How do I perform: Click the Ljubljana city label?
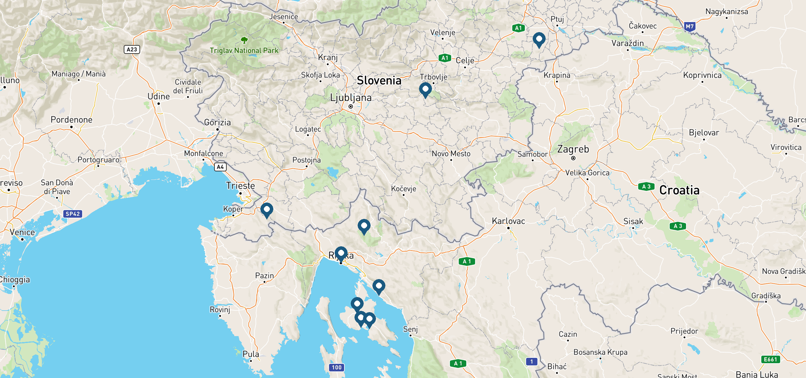coord(351,98)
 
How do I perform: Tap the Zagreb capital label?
coord(573,149)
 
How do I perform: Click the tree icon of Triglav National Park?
coord(244,40)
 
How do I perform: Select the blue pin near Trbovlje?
coord(425,89)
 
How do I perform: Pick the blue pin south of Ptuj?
coord(539,39)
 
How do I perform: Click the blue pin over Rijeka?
coord(341,254)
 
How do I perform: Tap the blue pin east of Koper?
coord(267,210)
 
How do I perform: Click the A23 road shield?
coord(132,49)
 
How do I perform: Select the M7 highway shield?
coord(690,26)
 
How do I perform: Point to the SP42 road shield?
coord(73,214)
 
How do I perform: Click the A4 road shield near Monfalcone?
coord(220,167)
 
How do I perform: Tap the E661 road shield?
coord(770,359)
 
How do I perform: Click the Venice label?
coord(22,232)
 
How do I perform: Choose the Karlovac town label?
coord(508,221)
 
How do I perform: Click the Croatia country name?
coord(679,190)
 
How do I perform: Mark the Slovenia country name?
coord(379,81)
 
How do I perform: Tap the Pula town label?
coord(251,354)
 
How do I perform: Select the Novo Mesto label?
coord(451,154)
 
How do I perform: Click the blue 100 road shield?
coord(337,367)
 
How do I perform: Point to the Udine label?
coord(159,96)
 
